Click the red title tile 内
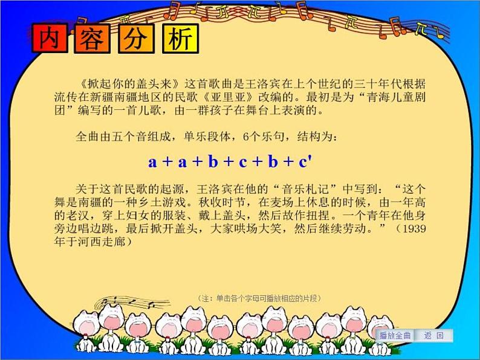(x=50, y=38)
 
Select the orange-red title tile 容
(x=92, y=39)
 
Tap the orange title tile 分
(x=136, y=39)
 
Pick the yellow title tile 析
(x=180, y=39)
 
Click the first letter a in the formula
(x=152, y=162)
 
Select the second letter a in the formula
(x=183, y=162)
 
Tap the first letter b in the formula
(x=213, y=161)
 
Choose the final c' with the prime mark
(x=305, y=161)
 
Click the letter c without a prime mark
(x=243, y=162)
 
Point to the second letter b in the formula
(x=273, y=161)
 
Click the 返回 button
(x=433, y=335)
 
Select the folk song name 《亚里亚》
(x=229, y=97)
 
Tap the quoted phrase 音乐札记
(x=305, y=189)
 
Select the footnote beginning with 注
(x=259, y=298)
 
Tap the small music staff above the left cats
(x=132, y=303)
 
